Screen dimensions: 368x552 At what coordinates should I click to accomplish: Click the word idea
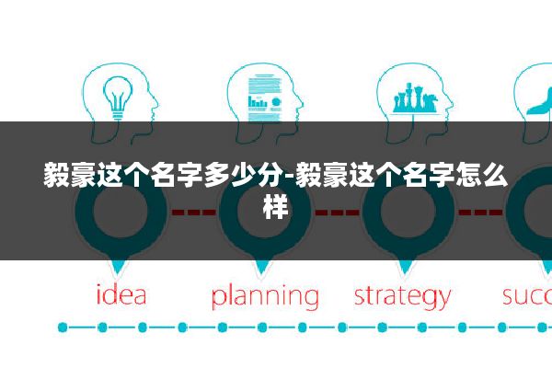[121, 296]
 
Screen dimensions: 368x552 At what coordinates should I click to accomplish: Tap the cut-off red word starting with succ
[527, 296]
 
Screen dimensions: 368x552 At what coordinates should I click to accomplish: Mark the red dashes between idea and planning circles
[194, 213]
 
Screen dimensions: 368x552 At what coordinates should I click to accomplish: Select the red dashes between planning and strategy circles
[337, 213]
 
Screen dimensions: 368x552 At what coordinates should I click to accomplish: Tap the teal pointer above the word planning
[264, 267]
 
